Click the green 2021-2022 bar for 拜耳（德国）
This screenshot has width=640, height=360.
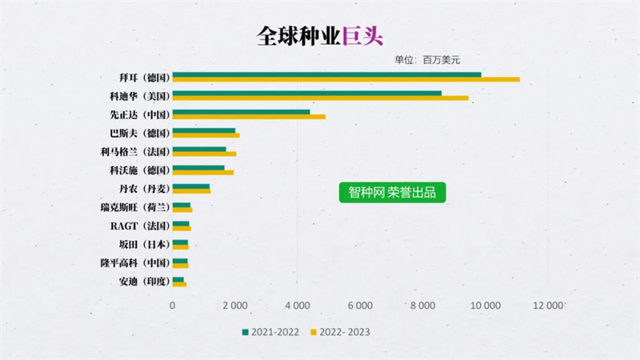click(x=326, y=74)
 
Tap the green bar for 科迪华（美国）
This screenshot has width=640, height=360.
click(x=306, y=93)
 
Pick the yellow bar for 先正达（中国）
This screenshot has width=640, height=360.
click(x=249, y=117)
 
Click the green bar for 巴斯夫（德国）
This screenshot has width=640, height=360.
click(x=204, y=130)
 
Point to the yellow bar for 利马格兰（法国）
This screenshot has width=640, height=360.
click(x=204, y=154)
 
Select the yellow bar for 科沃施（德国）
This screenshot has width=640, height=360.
click(x=202, y=172)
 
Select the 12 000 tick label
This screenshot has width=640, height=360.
click(x=547, y=305)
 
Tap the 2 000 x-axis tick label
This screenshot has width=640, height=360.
click(x=234, y=305)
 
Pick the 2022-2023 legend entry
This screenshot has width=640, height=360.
click(x=340, y=331)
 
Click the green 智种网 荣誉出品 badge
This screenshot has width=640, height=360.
click(x=392, y=193)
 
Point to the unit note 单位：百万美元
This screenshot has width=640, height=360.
click(x=427, y=59)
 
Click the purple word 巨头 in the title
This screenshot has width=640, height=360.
click(x=364, y=36)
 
